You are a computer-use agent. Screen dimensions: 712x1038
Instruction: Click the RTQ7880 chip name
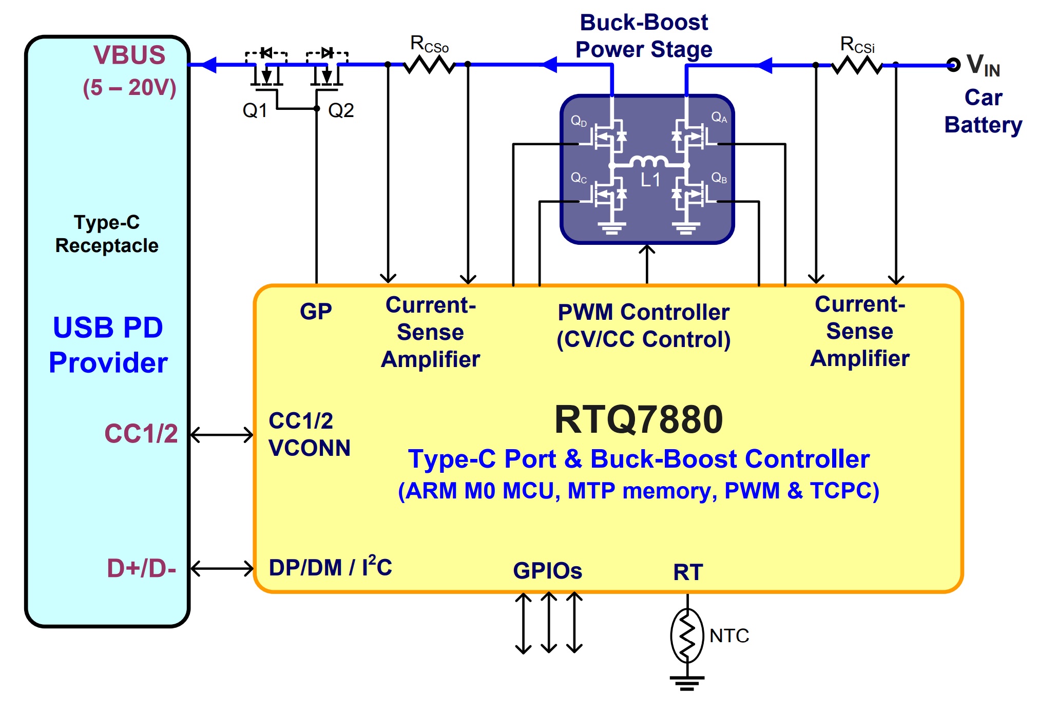click(x=639, y=419)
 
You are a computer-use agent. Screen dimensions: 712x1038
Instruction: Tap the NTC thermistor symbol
click(x=687, y=636)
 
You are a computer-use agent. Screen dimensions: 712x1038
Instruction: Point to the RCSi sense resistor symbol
click(x=856, y=66)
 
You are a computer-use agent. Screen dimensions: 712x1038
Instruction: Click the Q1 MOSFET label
click(x=255, y=110)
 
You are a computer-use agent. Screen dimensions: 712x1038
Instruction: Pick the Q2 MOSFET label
click(x=341, y=110)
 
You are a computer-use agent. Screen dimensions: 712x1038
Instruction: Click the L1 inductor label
click(x=650, y=180)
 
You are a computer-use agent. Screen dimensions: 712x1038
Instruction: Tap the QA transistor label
click(x=719, y=118)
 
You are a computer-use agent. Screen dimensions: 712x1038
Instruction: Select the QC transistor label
click(x=579, y=178)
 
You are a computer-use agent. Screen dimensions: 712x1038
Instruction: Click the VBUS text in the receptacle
click(x=129, y=55)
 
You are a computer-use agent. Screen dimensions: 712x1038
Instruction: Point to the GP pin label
click(x=316, y=312)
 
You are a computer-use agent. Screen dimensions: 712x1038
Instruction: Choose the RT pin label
click(x=688, y=572)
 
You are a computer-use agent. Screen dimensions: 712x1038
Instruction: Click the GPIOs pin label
click(x=547, y=571)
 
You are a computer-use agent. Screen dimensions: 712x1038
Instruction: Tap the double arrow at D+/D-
click(x=222, y=568)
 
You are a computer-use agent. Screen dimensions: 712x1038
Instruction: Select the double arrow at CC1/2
click(x=222, y=435)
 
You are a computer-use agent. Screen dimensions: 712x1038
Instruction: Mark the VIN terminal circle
click(x=953, y=65)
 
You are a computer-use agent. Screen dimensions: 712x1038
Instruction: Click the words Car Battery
click(x=983, y=111)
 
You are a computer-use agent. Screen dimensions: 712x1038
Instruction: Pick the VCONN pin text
click(x=310, y=448)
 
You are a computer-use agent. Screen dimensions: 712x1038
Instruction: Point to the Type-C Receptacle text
click(x=107, y=234)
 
